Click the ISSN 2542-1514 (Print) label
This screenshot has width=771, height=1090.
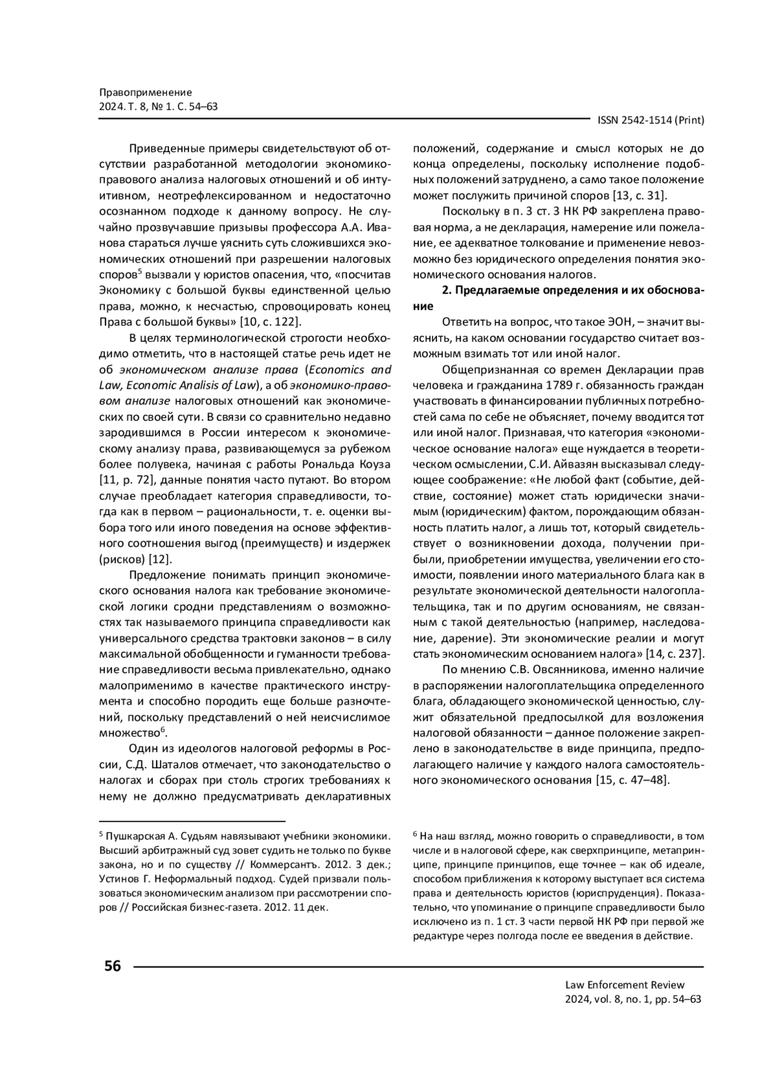coord(651,120)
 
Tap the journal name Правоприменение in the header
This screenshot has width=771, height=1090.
coord(146,92)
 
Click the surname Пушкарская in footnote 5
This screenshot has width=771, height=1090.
coord(136,836)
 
